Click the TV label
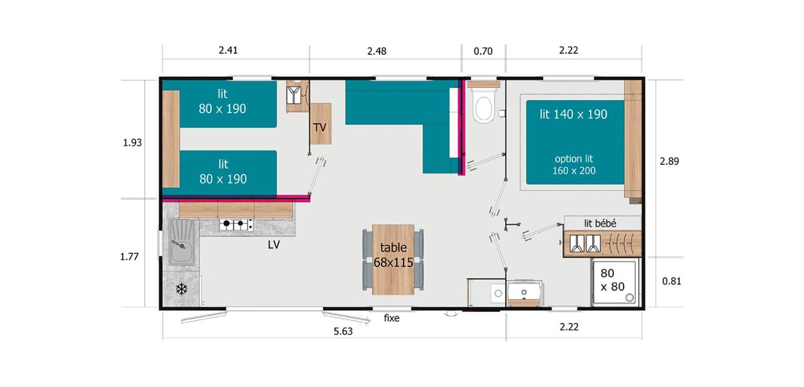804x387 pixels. point(320,127)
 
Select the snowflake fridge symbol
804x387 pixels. point(182,289)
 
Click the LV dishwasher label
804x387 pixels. point(274,245)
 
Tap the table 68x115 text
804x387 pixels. point(393,255)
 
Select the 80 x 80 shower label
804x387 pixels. point(612,280)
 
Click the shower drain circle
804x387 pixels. point(630,297)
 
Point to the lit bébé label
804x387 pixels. point(600,224)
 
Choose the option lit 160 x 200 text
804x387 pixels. point(574,164)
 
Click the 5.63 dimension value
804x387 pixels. point(343,331)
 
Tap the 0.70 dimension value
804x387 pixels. point(483,51)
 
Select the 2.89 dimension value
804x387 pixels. point(669,161)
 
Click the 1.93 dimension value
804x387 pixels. point(132,143)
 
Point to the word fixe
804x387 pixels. point(392,318)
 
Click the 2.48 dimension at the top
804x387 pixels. point(377,51)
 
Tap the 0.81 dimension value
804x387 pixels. point(672,281)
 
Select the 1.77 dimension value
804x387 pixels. point(129,256)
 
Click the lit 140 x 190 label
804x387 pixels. point(573,114)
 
